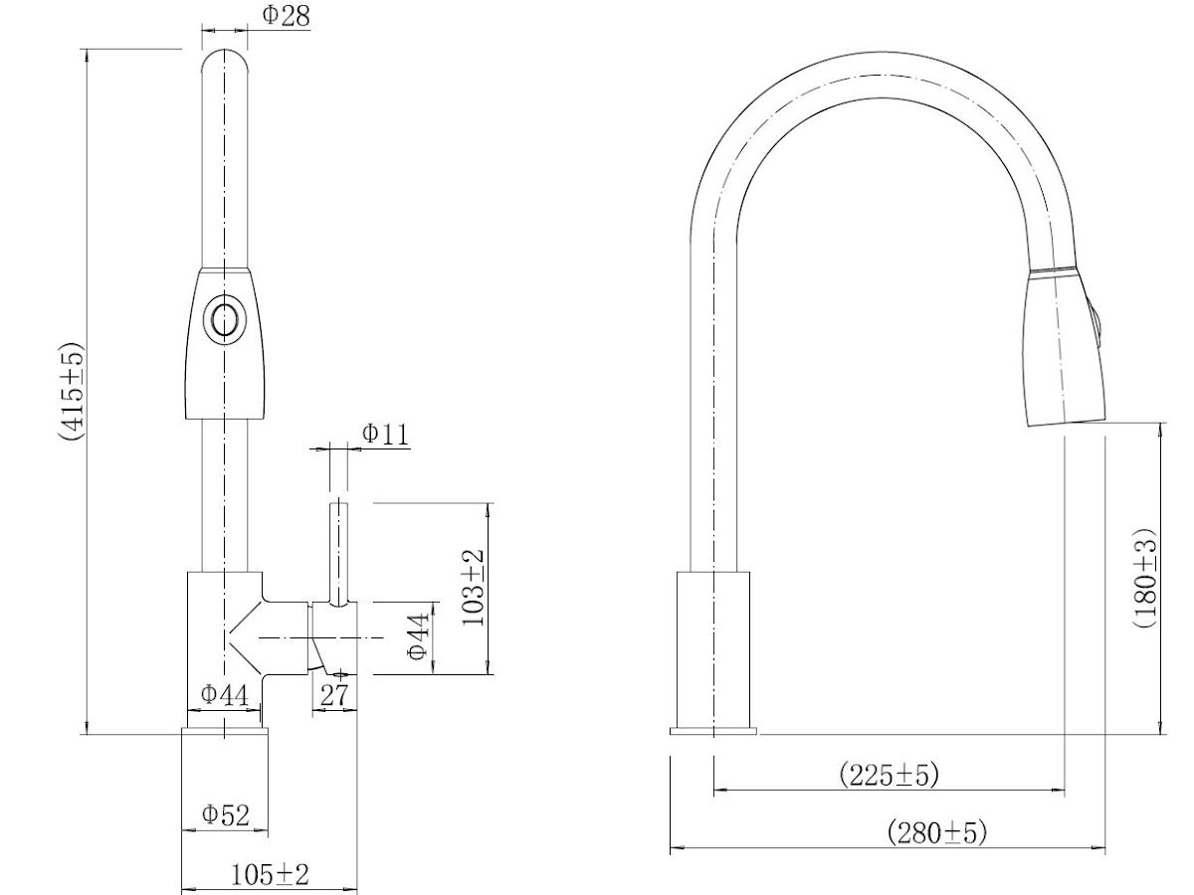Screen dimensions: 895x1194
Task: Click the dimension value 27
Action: [x=335, y=695]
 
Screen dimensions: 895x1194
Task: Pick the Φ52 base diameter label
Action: [x=225, y=814]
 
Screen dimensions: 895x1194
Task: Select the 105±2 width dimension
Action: [x=270, y=874]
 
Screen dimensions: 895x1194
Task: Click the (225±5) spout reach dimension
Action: [x=889, y=774]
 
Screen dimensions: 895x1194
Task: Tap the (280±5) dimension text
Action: [x=937, y=832]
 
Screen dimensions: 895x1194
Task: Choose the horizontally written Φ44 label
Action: [x=224, y=694]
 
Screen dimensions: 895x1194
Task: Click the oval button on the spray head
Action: [x=223, y=320]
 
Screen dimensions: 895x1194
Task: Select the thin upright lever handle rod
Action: [x=339, y=553]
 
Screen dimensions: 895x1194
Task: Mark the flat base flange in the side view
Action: [x=713, y=732]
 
